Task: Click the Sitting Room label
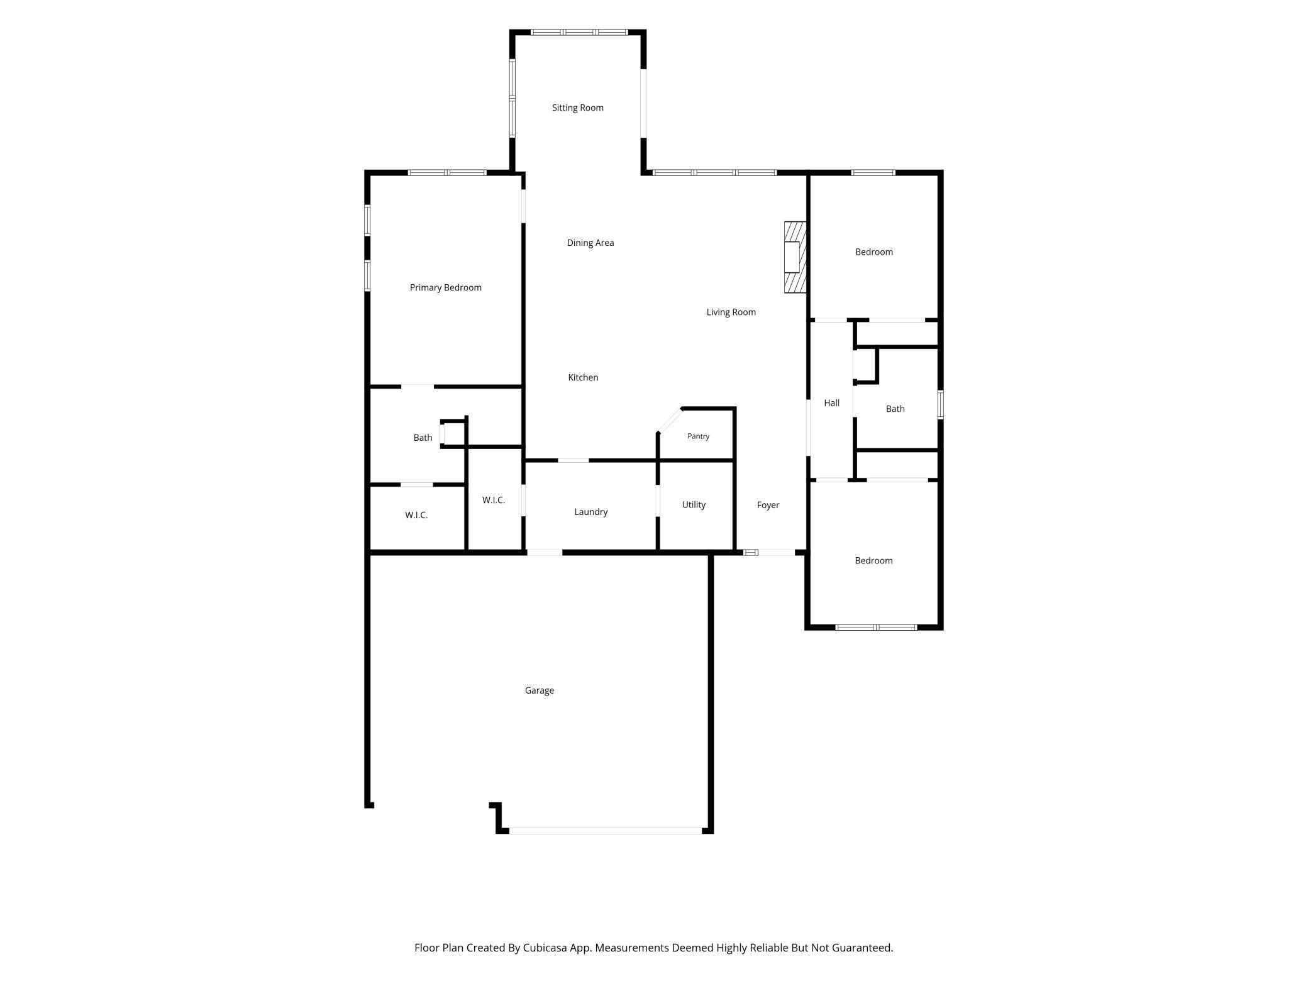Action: tap(577, 108)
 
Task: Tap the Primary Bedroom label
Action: tap(445, 287)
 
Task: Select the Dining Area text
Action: tap(590, 243)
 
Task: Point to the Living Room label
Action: tap(731, 312)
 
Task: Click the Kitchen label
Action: tap(583, 377)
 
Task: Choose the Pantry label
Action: tap(698, 436)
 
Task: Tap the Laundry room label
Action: tap(590, 512)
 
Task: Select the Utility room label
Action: tap(694, 504)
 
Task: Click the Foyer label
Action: tap(768, 505)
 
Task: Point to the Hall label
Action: tap(831, 403)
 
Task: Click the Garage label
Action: tap(539, 690)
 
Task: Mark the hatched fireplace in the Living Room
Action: tap(795, 257)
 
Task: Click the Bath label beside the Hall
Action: tap(895, 409)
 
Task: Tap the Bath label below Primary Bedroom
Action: tap(423, 438)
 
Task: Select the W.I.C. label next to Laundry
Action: tap(493, 500)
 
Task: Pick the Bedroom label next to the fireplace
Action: tap(873, 252)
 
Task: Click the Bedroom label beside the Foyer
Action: tap(873, 561)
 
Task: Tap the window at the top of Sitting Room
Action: tap(579, 32)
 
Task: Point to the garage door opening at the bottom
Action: tap(605, 831)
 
